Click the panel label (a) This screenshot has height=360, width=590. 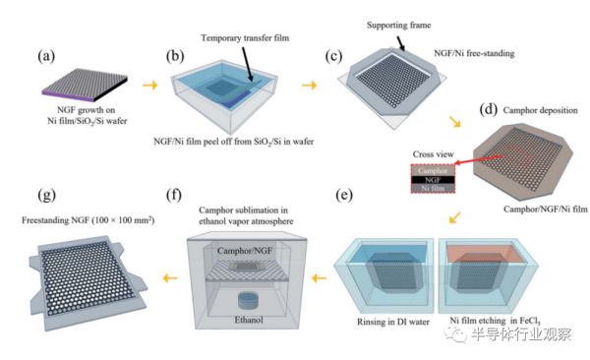click(x=46, y=56)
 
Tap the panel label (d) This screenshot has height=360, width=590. click(x=489, y=109)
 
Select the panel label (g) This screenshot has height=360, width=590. click(x=46, y=195)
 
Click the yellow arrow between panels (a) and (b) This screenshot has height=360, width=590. click(x=149, y=86)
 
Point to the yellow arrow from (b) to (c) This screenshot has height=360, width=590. click(x=309, y=86)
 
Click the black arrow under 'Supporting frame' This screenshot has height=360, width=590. click(x=401, y=43)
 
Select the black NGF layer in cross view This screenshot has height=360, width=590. click(x=433, y=180)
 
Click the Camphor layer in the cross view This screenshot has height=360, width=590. click(x=433, y=170)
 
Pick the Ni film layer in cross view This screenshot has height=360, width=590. click(x=433, y=188)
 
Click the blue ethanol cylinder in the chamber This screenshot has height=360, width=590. click(x=248, y=299)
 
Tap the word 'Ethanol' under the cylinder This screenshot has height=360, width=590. click(x=249, y=320)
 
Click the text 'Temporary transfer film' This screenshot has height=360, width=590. click(x=245, y=38)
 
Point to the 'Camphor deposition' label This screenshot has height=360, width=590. click(x=540, y=110)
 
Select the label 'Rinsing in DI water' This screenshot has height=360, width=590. click(x=393, y=322)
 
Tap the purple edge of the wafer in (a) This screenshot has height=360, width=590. click(x=69, y=95)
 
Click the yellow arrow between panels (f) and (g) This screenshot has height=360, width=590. click(x=170, y=278)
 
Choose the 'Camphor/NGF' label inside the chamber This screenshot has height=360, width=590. click(x=245, y=251)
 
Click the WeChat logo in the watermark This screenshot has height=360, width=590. click(x=455, y=333)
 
